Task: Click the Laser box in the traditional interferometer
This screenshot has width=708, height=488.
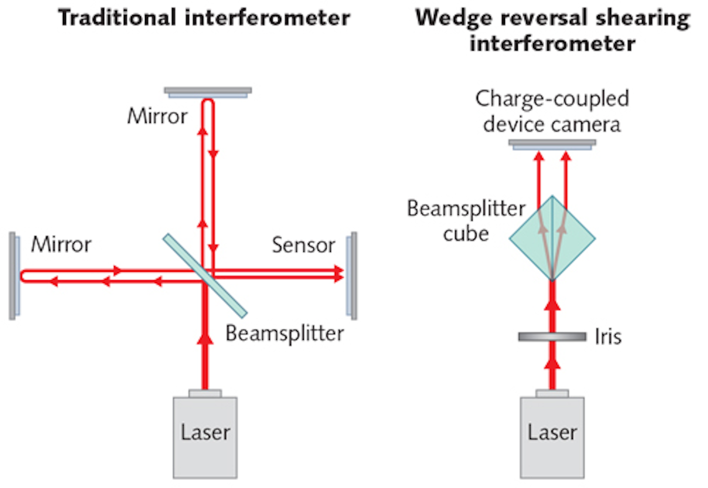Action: pos(205,436)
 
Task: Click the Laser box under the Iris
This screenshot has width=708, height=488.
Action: pos(552,436)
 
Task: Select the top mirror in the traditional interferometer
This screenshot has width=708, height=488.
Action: pos(208,92)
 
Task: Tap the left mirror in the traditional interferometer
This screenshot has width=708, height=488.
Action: pos(14,276)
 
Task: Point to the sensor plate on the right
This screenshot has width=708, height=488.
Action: pos(352,276)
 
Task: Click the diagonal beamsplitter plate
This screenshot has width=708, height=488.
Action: pos(205,276)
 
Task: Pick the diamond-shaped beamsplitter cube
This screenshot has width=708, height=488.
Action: pos(552,239)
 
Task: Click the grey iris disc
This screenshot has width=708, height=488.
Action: pos(552,337)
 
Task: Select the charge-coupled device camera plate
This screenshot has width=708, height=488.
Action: pos(552,144)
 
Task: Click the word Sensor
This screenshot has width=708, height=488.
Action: pos(303,245)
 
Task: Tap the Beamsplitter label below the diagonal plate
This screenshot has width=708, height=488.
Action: pos(285,333)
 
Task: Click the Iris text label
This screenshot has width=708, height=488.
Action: pos(608,337)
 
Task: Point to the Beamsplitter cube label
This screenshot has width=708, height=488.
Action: pos(466,221)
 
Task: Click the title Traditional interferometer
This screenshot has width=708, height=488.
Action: pos(204,18)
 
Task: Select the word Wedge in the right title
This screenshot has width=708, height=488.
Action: pos(453,18)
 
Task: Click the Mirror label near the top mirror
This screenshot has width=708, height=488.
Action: pos(157,116)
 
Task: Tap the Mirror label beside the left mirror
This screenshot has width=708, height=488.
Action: pos(61,244)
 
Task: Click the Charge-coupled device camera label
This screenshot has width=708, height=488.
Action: pos(552,111)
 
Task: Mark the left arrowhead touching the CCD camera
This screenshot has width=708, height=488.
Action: pos(539,157)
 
